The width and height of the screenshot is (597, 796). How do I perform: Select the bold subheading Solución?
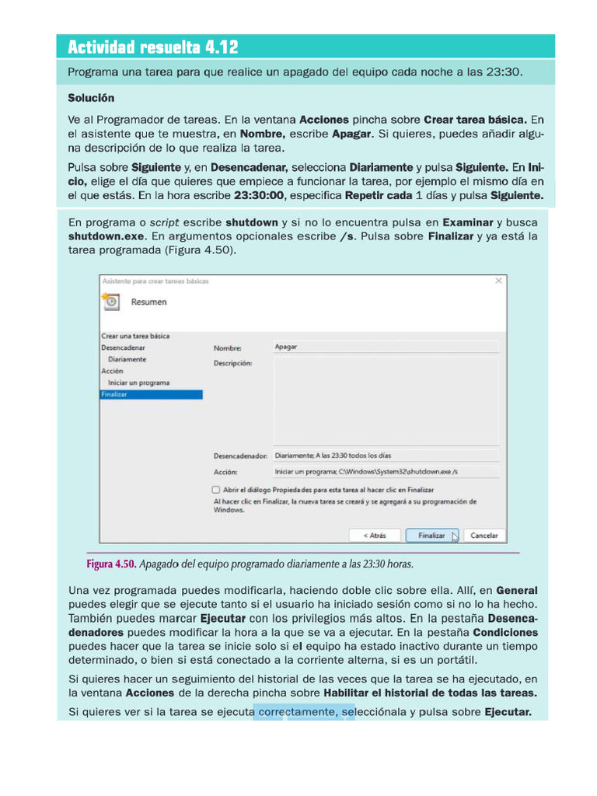91,98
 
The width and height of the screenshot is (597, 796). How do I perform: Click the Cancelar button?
484,536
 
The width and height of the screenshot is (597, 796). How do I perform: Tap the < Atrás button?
375,536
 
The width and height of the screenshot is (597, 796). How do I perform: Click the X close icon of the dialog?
498,280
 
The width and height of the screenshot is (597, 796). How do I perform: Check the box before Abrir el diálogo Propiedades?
215,491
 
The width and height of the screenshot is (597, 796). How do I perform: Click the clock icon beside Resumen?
110,302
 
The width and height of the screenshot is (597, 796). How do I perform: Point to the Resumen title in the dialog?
148,302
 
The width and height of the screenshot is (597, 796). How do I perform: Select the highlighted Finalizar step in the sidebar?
152,395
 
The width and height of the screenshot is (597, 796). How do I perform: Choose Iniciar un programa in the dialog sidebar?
138,383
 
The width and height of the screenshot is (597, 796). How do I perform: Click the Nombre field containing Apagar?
386,347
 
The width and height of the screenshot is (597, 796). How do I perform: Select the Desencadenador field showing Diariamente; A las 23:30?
386,456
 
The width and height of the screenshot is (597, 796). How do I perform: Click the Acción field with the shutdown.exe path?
386,472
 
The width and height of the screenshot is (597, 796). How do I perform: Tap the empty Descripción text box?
386,400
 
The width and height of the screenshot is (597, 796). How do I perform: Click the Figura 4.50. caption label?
111,564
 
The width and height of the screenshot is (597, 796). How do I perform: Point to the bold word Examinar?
468,222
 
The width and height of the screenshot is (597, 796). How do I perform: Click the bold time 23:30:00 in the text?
260,195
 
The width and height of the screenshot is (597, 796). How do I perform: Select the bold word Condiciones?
504,633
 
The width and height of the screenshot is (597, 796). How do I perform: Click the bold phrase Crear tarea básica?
475,120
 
